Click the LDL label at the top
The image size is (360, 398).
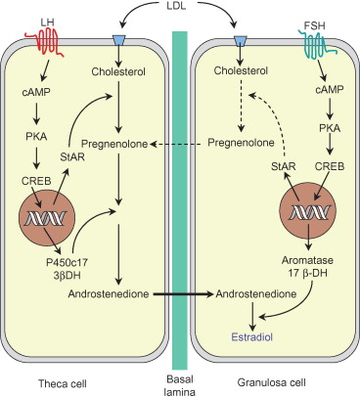175,6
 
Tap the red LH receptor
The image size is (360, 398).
44,42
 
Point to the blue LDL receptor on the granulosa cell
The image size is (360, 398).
241,40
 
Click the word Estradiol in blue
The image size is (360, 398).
251,336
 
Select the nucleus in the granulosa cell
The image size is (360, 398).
308,212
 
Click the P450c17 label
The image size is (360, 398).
67,262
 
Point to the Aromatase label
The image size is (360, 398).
307,260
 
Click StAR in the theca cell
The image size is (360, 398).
72,157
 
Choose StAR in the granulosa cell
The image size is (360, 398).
284,166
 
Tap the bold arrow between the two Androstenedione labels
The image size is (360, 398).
183,294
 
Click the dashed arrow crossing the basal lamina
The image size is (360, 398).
179,144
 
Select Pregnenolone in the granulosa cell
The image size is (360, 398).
241,143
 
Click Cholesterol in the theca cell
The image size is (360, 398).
118,71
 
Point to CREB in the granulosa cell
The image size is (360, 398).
330,166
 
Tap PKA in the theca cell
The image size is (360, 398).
36,136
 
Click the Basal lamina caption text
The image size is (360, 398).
180,385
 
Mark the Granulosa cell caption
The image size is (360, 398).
272,382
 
